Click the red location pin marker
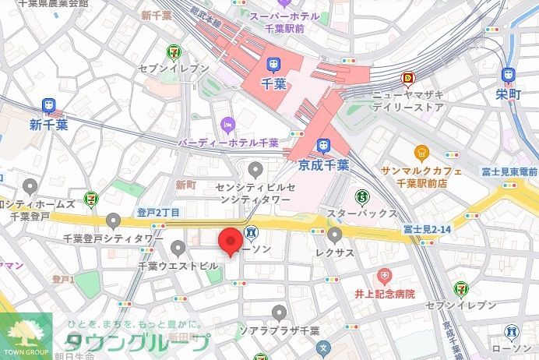tap(230, 242)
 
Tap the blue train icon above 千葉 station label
tap(275, 65)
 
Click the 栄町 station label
tap(509, 94)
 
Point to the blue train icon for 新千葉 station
tap(49, 105)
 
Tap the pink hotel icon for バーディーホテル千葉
tap(227, 124)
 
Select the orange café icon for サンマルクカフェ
tap(421, 151)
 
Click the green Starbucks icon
tap(361, 196)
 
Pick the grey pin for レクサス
tap(335, 235)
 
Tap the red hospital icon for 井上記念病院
tap(384, 277)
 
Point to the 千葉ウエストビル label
tap(178, 266)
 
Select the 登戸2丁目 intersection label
tap(158, 212)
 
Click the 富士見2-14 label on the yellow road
tap(428, 229)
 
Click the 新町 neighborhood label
tap(185, 185)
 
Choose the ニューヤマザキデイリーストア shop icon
tap(407, 78)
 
